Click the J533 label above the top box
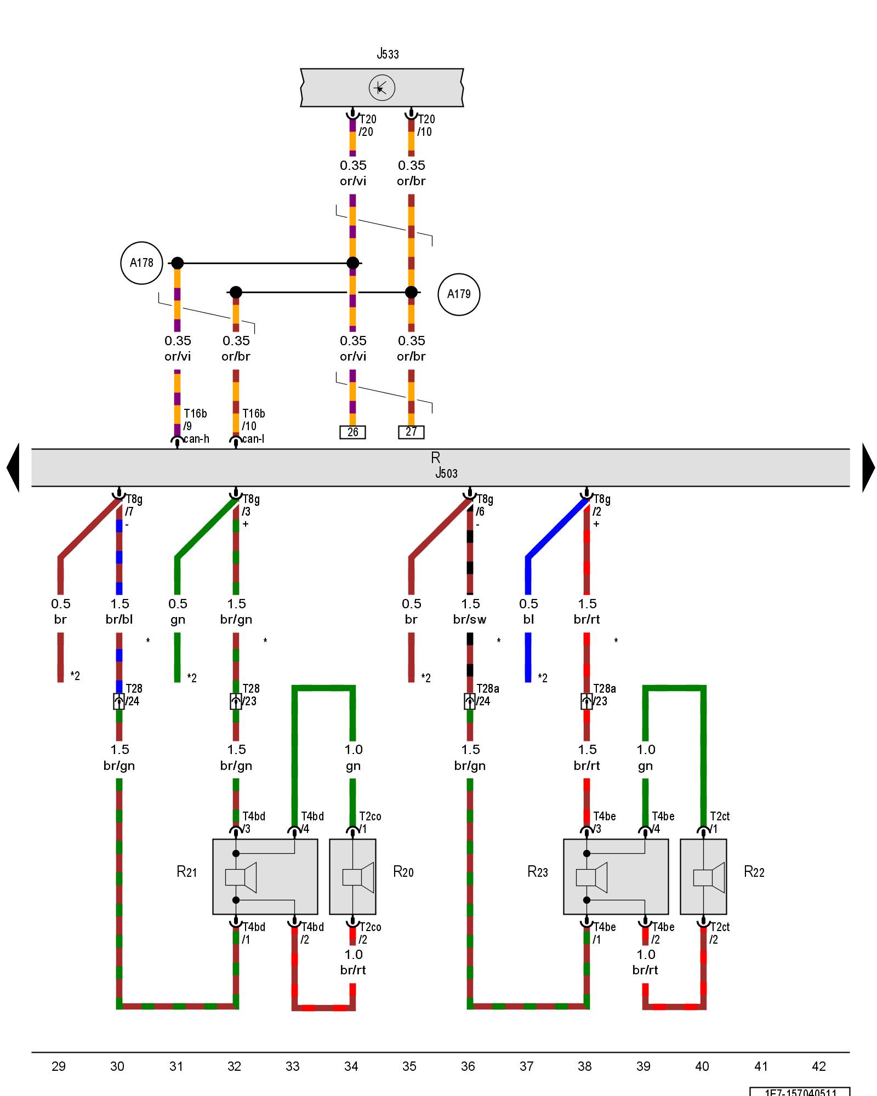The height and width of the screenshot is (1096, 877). (x=388, y=54)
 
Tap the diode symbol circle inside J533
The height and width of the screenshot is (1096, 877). (x=381, y=88)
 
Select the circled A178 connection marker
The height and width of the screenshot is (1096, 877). (x=141, y=263)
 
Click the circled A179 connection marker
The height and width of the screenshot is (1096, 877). (x=459, y=294)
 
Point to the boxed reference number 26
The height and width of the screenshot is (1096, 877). (x=352, y=432)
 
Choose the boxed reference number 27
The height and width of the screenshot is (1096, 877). (x=411, y=432)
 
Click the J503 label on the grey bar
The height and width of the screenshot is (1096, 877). (x=446, y=473)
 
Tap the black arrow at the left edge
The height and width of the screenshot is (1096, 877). (x=13, y=467)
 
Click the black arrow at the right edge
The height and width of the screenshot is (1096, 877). (x=868, y=467)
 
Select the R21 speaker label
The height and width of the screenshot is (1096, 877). (x=186, y=872)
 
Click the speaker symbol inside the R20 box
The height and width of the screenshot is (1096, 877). (x=358, y=877)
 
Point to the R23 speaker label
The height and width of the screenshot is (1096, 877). (x=537, y=872)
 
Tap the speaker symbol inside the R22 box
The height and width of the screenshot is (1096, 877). (x=709, y=877)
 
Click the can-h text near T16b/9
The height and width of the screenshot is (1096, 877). (x=196, y=439)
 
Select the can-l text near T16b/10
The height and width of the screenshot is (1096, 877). (x=253, y=439)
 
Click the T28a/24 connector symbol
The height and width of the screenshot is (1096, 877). (x=470, y=701)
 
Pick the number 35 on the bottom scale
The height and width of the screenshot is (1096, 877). (x=409, y=1066)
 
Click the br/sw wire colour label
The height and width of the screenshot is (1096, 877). (x=470, y=619)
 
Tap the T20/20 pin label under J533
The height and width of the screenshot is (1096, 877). (x=367, y=125)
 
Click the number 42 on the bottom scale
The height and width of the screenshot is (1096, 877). (x=818, y=1066)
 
